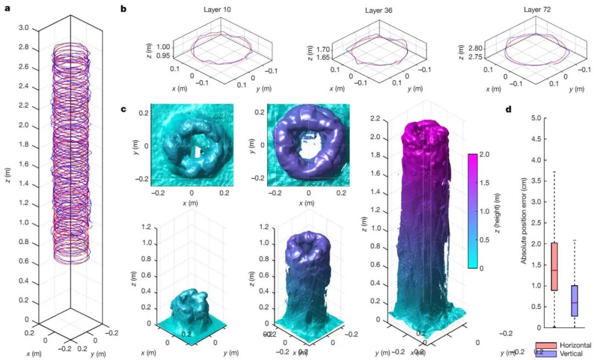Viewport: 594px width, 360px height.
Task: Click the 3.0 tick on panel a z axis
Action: [24, 27]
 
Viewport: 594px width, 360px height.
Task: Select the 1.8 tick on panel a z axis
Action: [24, 145]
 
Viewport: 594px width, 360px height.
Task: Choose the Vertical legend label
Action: [569, 353]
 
